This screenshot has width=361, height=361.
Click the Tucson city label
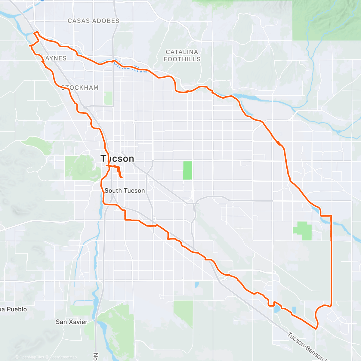point(117,159)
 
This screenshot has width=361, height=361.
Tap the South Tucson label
point(125,190)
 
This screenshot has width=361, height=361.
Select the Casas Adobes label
point(93,21)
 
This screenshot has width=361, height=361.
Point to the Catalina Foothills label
point(182,56)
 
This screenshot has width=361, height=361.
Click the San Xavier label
point(71,322)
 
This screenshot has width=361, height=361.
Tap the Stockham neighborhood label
point(80,88)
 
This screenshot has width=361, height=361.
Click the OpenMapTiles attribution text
point(31,357)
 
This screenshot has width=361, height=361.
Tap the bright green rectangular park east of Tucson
point(187,170)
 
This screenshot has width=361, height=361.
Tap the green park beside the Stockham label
point(108,98)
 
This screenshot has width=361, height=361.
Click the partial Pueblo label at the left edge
point(13,309)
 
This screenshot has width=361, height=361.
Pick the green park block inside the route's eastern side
point(303,231)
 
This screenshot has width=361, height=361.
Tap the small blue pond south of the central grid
point(197,285)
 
